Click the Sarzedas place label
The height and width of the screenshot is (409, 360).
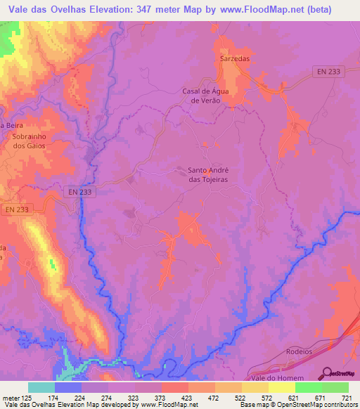pos(235,59)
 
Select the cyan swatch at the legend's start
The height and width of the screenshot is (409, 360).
pos(41,387)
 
